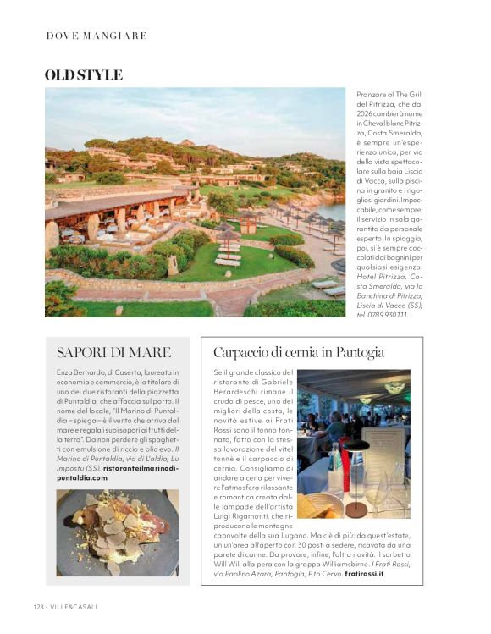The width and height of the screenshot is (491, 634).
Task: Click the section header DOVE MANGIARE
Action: tap(97, 36)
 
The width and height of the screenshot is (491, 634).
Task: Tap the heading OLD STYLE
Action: tap(83, 74)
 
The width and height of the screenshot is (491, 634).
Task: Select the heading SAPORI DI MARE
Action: tap(113, 352)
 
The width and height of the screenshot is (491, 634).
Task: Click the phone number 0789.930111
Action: tap(384, 315)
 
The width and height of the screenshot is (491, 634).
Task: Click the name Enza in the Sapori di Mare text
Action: tap(66, 372)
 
